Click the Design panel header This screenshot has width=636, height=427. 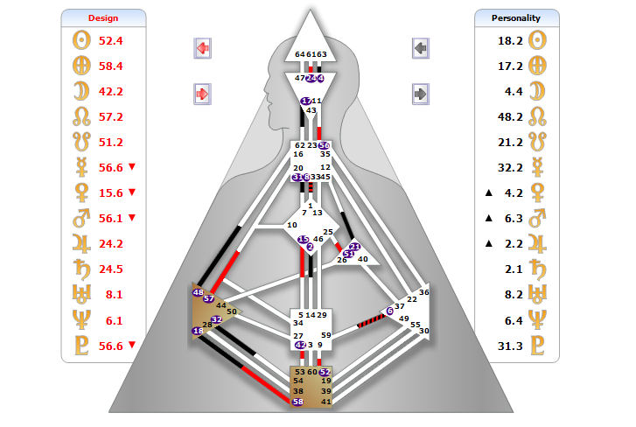click(x=103, y=17)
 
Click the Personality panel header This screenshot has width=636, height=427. click(x=516, y=17)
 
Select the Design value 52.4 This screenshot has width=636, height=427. click(x=111, y=40)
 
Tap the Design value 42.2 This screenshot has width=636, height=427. click(x=111, y=91)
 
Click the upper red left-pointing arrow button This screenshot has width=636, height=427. click(x=202, y=48)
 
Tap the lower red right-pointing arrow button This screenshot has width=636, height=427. click(x=202, y=93)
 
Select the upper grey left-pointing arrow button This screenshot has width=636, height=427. click(x=421, y=48)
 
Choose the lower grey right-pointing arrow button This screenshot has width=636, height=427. click(x=421, y=93)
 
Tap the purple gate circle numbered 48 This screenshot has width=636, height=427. click(x=199, y=293)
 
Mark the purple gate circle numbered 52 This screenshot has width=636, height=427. click(x=325, y=372)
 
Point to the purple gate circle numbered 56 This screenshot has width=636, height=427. click(x=325, y=145)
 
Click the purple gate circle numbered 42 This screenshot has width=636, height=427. click(x=299, y=345)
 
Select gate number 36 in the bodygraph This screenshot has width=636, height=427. click(x=424, y=292)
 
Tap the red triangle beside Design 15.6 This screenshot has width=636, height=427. click(x=131, y=192)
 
